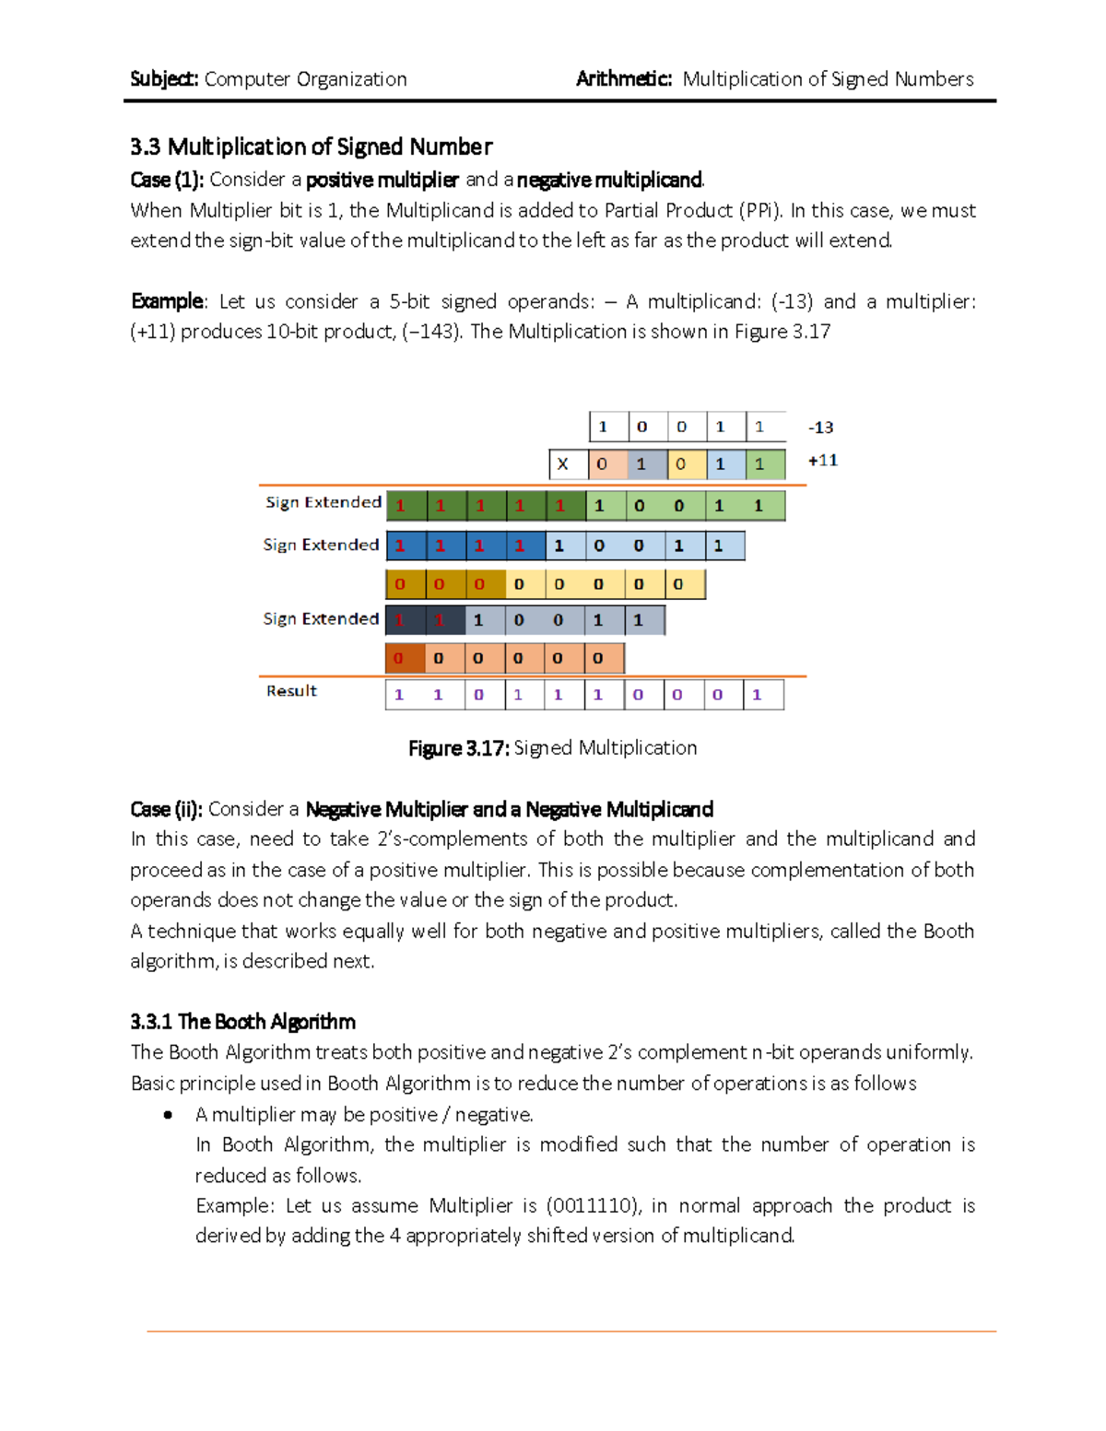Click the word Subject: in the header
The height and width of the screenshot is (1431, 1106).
click(164, 79)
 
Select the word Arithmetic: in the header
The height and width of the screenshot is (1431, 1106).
click(624, 79)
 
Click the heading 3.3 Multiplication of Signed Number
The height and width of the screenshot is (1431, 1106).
click(311, 147)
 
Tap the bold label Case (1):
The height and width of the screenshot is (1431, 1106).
click(167, 180)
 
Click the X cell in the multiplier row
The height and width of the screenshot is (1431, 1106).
click(563, 464)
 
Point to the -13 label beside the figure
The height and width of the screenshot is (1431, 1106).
click(820, 428)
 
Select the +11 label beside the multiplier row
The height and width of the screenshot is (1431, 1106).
click(822, 461)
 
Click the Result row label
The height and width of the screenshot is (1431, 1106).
click(291, 691)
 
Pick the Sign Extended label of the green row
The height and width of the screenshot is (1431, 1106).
click(323, 502)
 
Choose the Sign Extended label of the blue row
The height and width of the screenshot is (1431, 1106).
click(321, 545)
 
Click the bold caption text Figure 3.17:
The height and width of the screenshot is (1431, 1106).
click(458, 748)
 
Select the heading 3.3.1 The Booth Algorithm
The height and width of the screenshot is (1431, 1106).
click(242, 1022)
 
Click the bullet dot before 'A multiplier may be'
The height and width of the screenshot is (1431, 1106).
click(168, 1115)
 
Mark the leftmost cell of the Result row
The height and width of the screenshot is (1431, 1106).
click(399, 695)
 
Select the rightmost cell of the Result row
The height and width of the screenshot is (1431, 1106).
click(763, 695)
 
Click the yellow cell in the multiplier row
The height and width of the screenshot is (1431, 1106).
click(681, 464)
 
